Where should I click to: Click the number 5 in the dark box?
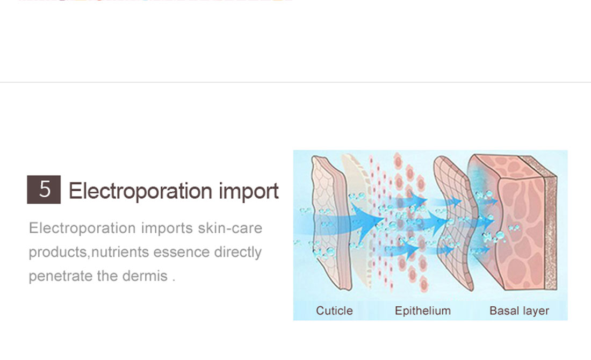(45, 189)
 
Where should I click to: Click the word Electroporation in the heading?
(141, 191)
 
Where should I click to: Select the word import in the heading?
(249, 191)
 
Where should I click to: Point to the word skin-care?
(230, 228)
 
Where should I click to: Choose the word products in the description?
(57, 252)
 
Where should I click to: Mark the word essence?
(181, 252)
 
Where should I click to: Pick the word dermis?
(145, 276)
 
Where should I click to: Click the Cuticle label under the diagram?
(334, 311)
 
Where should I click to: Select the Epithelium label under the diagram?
(422, 311)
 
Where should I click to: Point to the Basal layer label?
(519, 311)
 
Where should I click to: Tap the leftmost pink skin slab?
(330, 223)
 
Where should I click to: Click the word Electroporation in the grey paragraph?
(82, 228)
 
